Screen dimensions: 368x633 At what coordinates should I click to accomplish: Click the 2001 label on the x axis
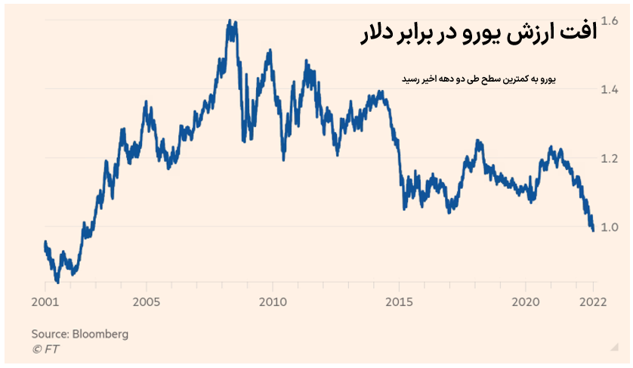[45, 301]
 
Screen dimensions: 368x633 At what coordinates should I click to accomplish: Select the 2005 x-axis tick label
[146, 301]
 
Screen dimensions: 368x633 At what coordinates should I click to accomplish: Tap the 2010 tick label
[273, 301]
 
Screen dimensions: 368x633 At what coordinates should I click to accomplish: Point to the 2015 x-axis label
[399, 301]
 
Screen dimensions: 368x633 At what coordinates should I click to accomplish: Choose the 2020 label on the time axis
[525, 301]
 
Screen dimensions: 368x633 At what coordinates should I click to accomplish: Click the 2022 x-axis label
[593, 301]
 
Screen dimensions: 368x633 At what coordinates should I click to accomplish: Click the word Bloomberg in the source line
[99, 333]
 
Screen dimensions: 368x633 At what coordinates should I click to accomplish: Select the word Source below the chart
[48, 333]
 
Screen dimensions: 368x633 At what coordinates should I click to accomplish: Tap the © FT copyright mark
[45, 348]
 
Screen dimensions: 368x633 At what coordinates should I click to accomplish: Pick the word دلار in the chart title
[373, 33]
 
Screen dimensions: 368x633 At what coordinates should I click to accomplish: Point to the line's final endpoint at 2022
[593, 230]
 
